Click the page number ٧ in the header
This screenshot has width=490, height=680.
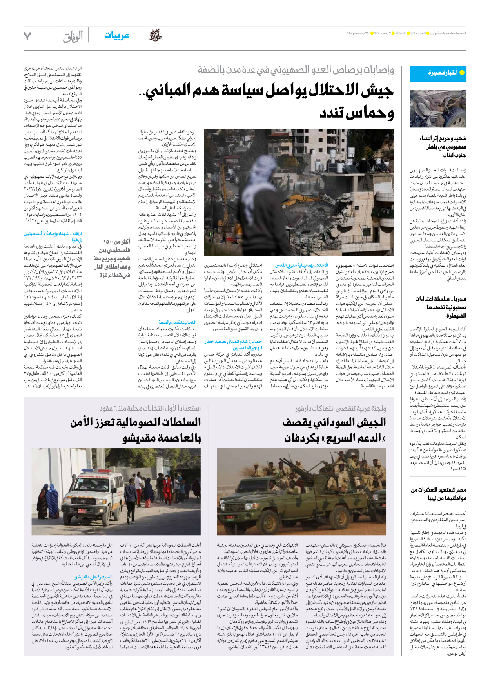coord(27,36)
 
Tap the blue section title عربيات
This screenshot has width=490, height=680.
coord(116,36)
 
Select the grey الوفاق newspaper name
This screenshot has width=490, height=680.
coord(73,36)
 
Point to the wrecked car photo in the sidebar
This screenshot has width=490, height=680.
coord(438,109)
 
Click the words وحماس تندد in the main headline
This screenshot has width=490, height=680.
coord(356,113)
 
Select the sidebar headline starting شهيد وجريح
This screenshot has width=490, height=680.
coord(443,146)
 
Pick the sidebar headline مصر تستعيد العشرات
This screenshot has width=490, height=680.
coord(439,494)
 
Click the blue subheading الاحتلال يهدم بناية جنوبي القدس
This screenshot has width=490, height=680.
coord(301,265)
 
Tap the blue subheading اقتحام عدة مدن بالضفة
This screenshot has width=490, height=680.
coord(177,322)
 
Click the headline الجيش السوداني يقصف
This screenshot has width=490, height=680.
coord(334,430)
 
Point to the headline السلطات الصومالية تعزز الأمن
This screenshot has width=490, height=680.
coord(136,430)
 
